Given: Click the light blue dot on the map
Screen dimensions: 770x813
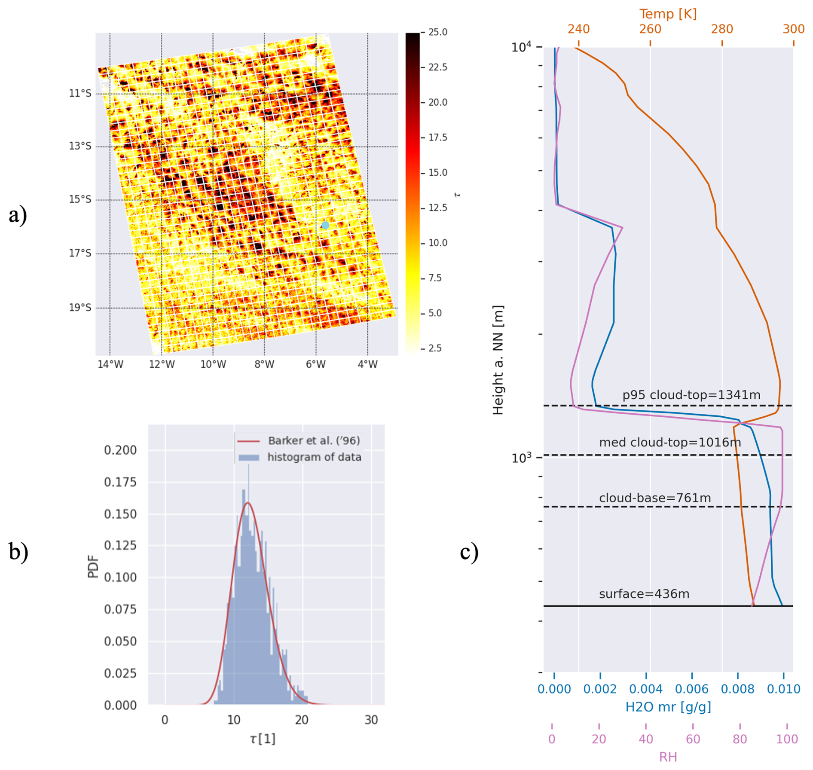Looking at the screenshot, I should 325,225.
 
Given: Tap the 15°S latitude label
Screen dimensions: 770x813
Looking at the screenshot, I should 80,199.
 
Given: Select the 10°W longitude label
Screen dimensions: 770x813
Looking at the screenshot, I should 213,364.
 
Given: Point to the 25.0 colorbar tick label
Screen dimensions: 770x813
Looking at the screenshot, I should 437,32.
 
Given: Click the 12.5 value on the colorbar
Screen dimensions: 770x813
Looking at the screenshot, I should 437,208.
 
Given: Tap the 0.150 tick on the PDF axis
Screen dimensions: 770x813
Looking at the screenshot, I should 120,514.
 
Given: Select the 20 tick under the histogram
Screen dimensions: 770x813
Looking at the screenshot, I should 302,720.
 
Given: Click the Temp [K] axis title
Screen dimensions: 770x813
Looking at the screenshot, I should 668,14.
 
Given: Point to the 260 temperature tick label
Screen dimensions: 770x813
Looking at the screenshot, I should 650,29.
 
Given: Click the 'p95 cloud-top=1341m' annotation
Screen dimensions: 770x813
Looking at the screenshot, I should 691,395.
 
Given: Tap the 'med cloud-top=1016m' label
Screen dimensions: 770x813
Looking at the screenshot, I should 669,442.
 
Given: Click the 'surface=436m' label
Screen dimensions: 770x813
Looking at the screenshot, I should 644,594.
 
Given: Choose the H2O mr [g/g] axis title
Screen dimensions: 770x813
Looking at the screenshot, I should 668,707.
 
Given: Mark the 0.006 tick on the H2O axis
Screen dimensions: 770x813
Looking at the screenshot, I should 691,689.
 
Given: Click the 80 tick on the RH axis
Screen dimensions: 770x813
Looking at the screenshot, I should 740,739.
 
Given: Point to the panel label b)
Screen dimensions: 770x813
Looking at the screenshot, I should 18,551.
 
